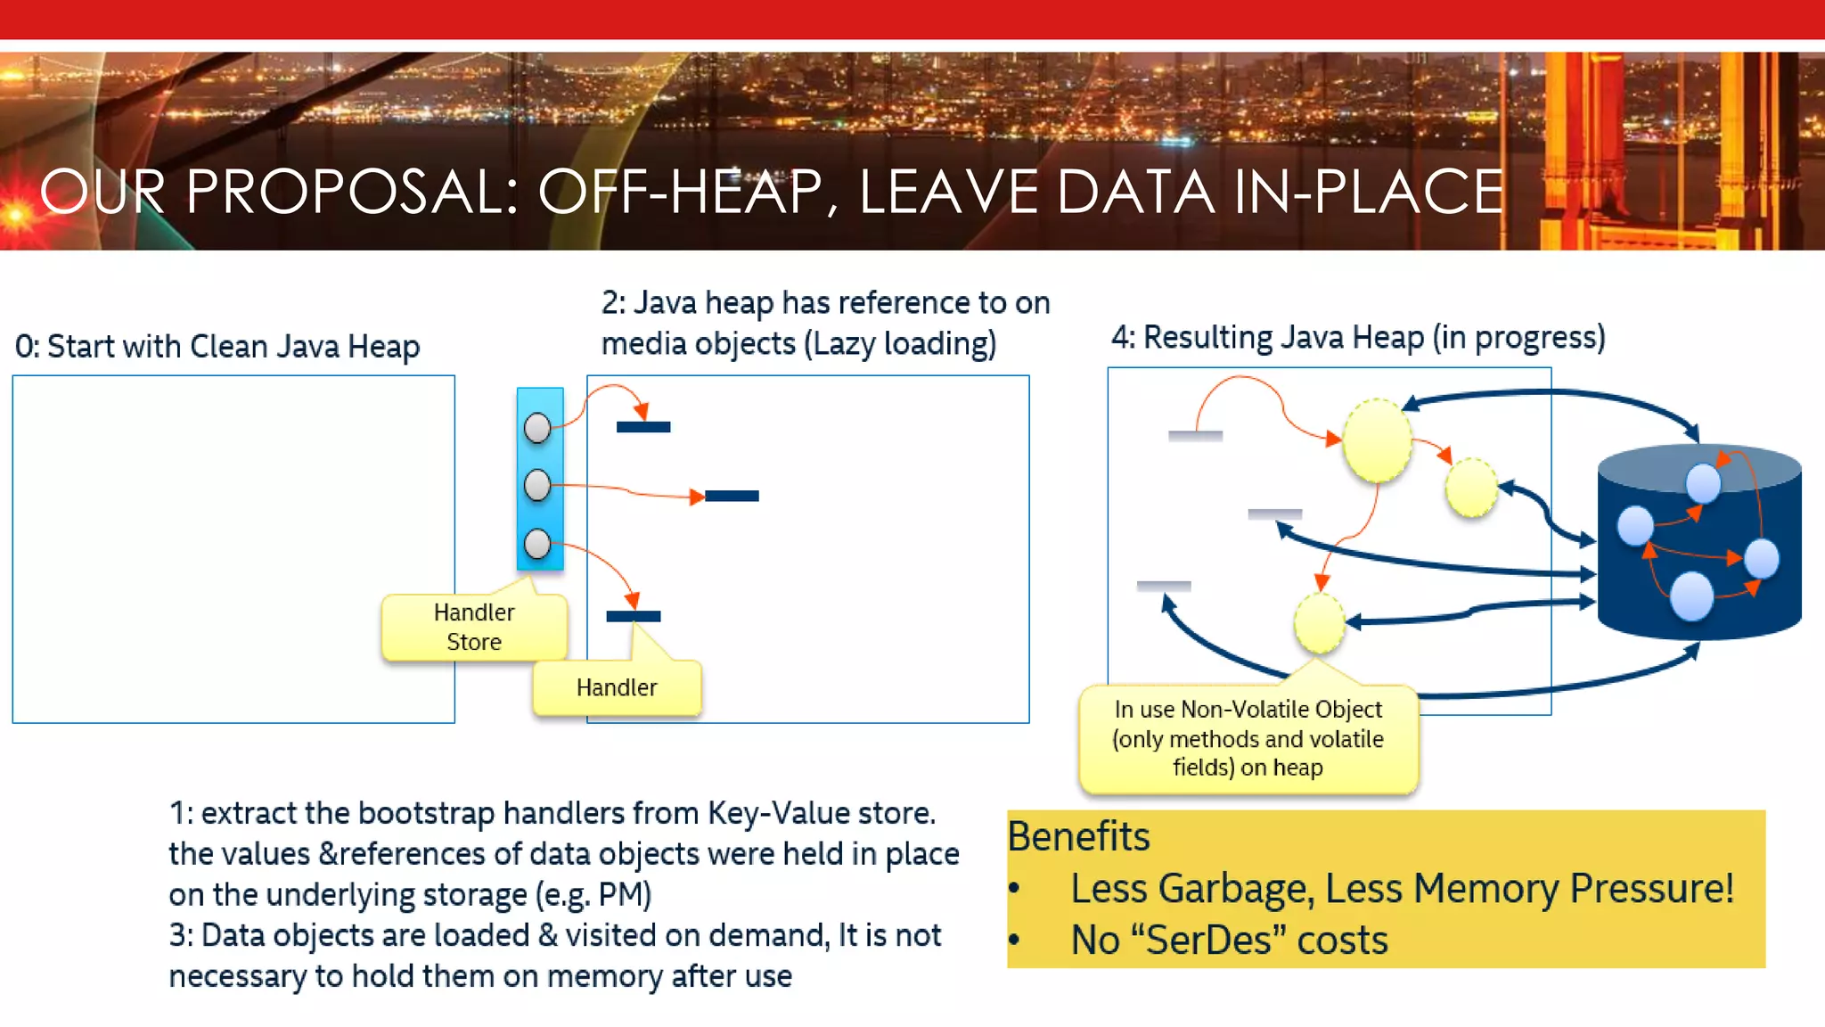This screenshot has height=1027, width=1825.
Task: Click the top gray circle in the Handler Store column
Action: [537, 429]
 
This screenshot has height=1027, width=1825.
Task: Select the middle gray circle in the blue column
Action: [537, 486]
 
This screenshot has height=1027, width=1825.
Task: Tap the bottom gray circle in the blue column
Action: [537, 544]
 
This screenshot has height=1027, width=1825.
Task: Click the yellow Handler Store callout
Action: [473, 628]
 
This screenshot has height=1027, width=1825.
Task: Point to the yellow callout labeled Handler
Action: [617, 687]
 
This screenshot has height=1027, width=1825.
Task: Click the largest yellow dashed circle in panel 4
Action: [1377, 440]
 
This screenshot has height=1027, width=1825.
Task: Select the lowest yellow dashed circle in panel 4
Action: [1320, 623]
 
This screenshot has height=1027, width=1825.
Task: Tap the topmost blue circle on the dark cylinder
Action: [1703, 483]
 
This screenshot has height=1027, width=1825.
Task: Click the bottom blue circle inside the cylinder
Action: [1691, 596]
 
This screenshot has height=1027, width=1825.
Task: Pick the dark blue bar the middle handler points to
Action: [732, 496]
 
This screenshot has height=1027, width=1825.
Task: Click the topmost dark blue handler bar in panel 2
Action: [643, 427]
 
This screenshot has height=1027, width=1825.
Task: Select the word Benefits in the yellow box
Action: [1078, 836]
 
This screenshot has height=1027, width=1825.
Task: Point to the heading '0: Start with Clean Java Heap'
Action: [217, 347]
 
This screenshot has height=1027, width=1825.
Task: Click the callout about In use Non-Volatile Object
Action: [1248, 739]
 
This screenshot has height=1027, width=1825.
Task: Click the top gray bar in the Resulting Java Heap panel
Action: [1195, 436]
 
